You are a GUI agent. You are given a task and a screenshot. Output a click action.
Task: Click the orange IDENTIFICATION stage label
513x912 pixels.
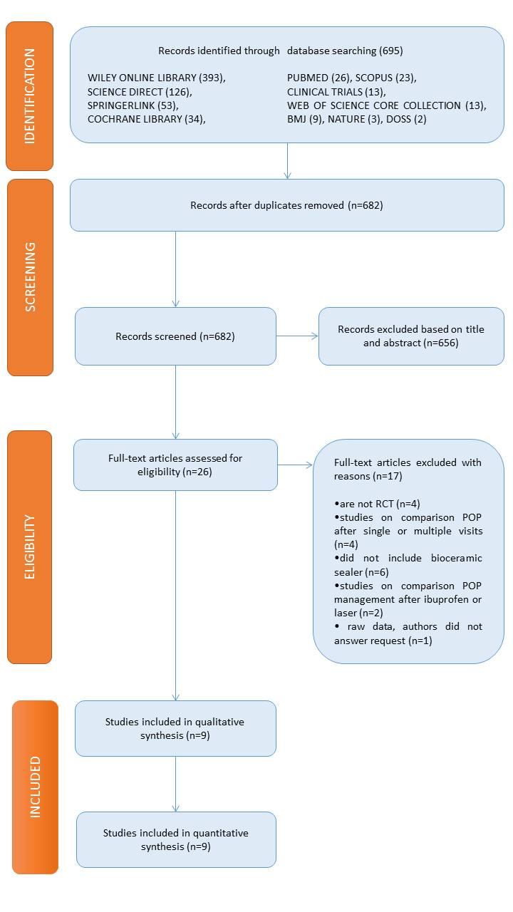pos(29,96)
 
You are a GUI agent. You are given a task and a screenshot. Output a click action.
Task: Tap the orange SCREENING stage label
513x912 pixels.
pos(30,277)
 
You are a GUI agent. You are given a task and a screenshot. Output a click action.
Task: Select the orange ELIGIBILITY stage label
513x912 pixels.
pos(29,546)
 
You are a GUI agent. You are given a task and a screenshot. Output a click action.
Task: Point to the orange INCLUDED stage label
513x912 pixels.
pos(35,787)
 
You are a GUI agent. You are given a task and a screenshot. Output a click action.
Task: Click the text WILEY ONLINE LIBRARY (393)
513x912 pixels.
pos(156,78)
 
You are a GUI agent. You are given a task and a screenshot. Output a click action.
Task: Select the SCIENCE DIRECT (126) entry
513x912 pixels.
pos(140,92)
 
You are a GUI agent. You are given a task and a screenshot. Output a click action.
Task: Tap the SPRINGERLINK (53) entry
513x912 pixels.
pos(133,105)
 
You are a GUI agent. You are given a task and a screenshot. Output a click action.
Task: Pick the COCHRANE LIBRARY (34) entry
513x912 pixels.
pos(146,119)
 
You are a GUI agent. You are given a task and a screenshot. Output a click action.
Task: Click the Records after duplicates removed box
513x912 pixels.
pos(286,205)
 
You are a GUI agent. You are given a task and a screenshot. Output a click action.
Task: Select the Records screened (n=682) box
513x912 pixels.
pos(175,336)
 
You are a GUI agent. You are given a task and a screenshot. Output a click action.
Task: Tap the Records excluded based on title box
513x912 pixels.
pos(410,336)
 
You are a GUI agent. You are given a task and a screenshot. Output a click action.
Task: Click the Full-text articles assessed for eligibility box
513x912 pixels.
pos(175,465)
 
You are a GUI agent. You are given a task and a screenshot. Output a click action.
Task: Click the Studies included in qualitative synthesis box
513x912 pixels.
pos(175,728)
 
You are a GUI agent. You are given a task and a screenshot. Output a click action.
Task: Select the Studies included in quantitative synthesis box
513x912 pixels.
pos(176,839)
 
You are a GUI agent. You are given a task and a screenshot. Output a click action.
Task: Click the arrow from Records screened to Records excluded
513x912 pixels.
pos(296,336)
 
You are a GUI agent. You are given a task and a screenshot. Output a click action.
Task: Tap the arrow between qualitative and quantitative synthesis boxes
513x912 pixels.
pos(175,784)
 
